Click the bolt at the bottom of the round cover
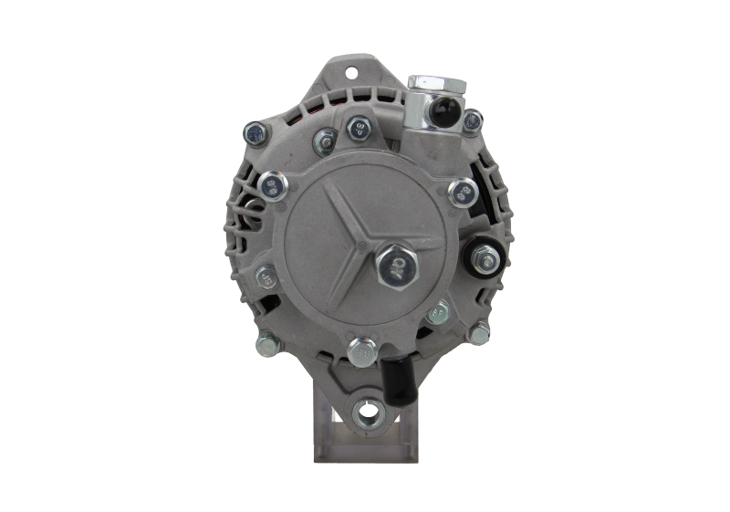point(361,349)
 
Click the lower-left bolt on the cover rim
point(266,276)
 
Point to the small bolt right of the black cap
point(473,120)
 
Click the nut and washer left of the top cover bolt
point(321,140)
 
